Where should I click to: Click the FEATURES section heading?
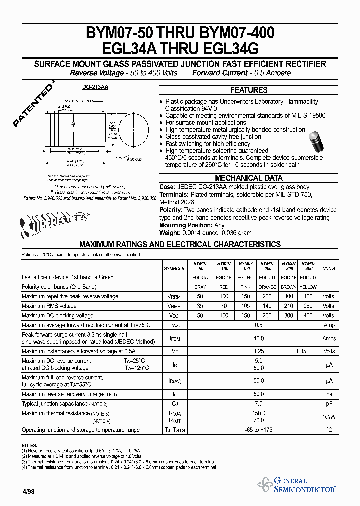click(x=248, y=90)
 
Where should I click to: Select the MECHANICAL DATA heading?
click(x=248, y=178)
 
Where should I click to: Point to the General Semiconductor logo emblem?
click(x=265, y=484)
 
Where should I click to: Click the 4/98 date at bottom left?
click(x=28, y=492)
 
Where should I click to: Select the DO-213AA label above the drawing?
click(x=95, y=87)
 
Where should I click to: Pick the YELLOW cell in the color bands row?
click(x=308, y=287)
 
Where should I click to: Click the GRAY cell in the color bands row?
click(x=200, y=287)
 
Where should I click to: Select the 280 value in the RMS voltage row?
click(x=308, y=306)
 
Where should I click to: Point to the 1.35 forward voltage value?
click(x=301, y=351)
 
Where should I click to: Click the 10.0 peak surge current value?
click(x=259, y=338)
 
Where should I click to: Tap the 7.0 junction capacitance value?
click(x=259, y=403)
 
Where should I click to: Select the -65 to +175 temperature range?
click(x=259, y=430)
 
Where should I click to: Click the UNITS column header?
click(x=329, y=269)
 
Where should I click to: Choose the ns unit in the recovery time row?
click(x=329, y=394)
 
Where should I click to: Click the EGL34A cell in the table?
click(x=200, y=277)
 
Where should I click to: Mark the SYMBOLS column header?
click(x=174, y=269)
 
